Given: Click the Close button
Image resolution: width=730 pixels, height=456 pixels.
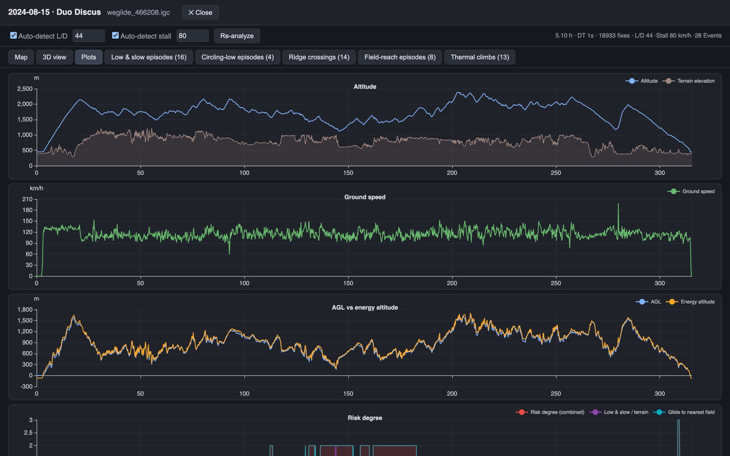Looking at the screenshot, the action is (200, 12).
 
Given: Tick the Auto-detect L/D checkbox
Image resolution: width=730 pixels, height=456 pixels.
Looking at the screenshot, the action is (13, 36).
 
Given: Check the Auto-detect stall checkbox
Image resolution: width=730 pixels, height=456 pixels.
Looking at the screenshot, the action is (115, 36).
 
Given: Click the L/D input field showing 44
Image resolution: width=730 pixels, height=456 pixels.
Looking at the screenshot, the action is (89, 36).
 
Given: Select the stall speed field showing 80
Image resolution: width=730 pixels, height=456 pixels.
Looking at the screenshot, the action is (192, 36).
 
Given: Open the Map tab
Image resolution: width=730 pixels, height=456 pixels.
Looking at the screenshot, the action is (21, 57).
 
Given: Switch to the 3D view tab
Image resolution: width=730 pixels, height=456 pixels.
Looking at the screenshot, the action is (54, 57).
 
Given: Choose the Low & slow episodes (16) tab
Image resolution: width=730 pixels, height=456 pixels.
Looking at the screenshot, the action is (149, 57).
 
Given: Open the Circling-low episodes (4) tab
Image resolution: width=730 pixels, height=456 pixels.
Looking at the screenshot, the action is (238, 57).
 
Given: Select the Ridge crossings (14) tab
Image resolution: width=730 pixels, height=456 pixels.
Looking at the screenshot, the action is (319, 57).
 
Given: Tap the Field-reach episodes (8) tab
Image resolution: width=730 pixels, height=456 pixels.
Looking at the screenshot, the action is (400, 57).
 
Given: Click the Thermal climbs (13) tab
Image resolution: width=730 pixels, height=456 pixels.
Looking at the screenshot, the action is (480, 57).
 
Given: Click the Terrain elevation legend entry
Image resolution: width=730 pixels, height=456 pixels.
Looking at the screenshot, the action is (688, 81).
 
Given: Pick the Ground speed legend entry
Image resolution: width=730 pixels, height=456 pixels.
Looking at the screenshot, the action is (691, 191).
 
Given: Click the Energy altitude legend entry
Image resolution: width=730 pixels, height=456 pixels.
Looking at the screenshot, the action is (690, 301).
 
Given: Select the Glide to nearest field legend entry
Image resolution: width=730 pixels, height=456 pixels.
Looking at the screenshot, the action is (684, 412).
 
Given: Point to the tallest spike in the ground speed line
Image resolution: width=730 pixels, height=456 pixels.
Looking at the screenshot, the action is (618, 204).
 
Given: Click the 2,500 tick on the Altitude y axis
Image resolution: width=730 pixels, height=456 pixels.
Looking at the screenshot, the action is (25, 88).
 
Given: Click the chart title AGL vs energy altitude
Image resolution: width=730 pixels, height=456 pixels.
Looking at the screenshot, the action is (365, 307).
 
